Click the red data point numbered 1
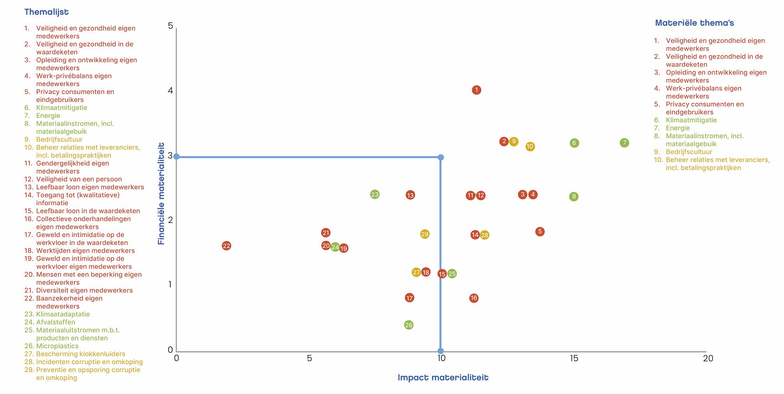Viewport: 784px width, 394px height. tap(476, 90)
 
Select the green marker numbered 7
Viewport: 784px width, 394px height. tap(624, 143)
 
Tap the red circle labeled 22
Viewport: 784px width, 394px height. tap(227, 246)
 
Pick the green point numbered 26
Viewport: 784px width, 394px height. tap(409, 325)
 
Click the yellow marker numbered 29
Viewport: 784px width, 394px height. tap(425, 234)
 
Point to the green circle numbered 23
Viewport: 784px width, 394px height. tap(375, 195)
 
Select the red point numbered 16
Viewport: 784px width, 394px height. tap(474, 298)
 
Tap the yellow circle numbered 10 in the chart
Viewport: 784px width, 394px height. tap(530, 146)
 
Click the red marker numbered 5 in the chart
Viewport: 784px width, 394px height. tap(540, 232)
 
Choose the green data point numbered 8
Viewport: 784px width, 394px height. tap(574, 197)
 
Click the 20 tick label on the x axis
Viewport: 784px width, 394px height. tap(708, 358)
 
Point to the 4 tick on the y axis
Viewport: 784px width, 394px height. tap(170, 90)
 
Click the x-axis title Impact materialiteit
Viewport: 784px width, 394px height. tap(443, 378)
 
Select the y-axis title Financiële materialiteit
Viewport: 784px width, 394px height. tap(161, 194)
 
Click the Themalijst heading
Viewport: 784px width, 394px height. tap(46, 12)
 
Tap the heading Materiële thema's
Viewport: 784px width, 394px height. tap(694, 23)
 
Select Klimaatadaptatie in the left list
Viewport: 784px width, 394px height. tap(63, 314)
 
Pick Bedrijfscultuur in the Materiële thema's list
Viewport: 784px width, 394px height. tap(689, 152)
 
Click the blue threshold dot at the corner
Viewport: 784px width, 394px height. tap(441, 157)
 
